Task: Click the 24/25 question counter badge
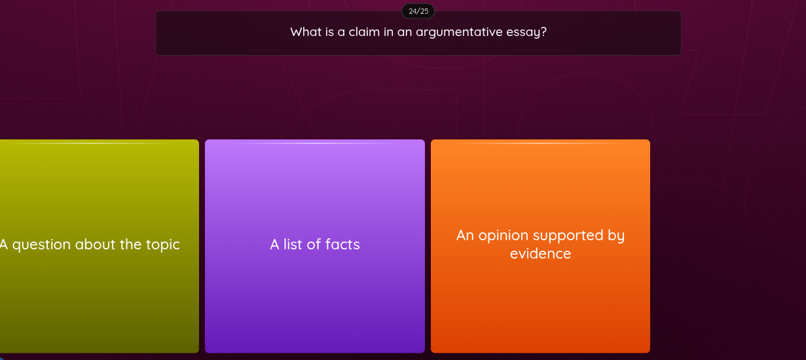418,11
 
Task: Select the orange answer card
540,295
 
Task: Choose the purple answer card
315,295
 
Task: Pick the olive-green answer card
98,295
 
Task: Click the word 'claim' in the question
363,32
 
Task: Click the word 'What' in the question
306,32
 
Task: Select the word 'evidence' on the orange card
540,253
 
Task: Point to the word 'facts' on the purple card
342,245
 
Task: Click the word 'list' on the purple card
293,245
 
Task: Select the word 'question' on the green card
41,245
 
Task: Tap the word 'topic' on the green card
162,245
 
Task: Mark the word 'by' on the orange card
616,236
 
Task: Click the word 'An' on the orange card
465,236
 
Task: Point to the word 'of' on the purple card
314,245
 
